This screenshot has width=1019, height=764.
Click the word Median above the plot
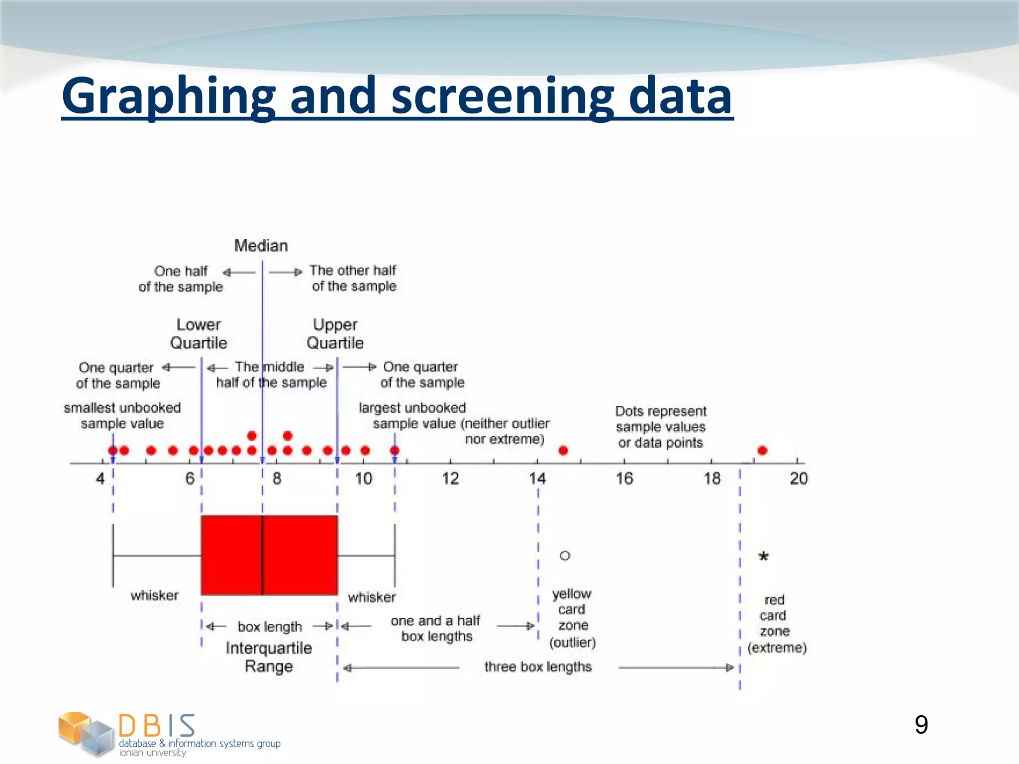[261, 245]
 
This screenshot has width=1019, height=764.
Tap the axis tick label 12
[450, 478]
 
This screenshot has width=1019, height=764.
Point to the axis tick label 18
[712, 478]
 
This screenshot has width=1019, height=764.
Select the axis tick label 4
[101, 478]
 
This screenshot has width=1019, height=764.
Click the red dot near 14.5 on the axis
[563, 451]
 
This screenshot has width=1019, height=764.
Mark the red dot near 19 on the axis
[762, 451]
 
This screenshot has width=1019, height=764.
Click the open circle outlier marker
[565, 556]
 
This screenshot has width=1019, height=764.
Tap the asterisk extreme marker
[763, 557]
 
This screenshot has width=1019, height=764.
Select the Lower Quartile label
[199, 334]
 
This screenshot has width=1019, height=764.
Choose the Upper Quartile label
[335, 334]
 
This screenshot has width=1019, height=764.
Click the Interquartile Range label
[269, 657]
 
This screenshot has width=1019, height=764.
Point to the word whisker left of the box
[154, 595]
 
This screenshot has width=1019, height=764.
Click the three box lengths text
[538, 667]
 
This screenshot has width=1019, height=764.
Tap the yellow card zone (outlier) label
[572, 618]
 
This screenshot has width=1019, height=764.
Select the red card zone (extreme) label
[775, 624]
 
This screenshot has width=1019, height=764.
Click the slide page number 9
[921, 725]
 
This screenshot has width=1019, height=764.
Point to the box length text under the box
[270, 627]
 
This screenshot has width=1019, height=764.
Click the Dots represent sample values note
[660, 427]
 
